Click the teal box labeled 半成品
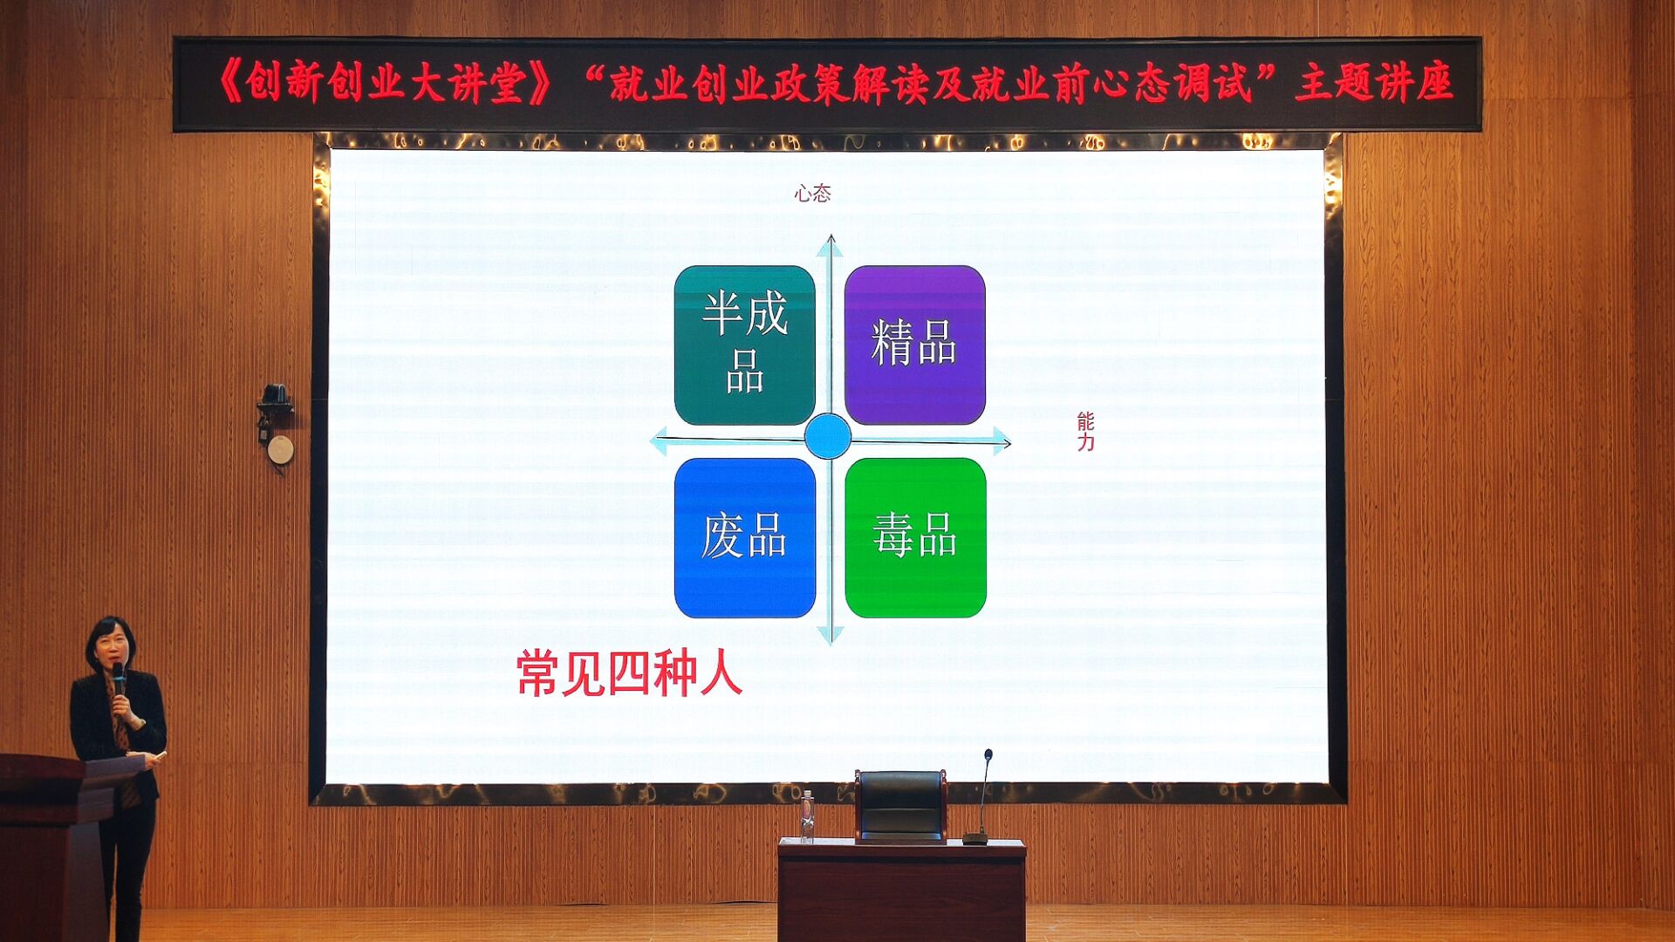click(x=744, y=345)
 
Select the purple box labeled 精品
click(x=914, y=345)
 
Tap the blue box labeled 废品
click(x=744, y=537)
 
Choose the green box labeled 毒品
click(x=915, y=537)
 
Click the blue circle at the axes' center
click(x=827, y=436)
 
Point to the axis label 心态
click(x=812, y=194)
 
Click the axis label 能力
click(x=1085, y=432)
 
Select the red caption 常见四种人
click(x=629, y=673)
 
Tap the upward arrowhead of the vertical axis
click(x=830, y=246)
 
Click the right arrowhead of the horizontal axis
click(x=1002, y=441)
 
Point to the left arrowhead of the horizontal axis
click(x=659, y=441)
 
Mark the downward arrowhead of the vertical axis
click(x=831, y=634)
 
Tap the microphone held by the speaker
click(x=118, y=678)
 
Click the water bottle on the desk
click(x=807, y=816)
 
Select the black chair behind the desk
click(x=900, y=806)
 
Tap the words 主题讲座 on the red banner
click(x=1374, y=83)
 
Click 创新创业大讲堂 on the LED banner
click(x=385, y=84)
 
